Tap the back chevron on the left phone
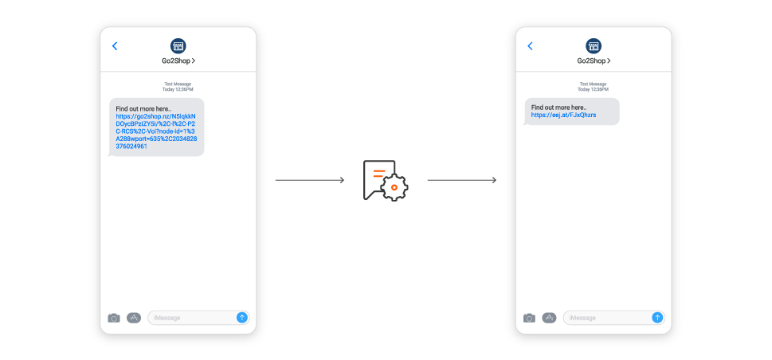pos(115,46)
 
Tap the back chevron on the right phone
pos(531,46)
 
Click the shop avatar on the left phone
pos(178,46)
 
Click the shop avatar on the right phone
pos(594,46)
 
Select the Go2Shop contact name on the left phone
pos(178,61)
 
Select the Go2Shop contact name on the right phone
pos(594,61)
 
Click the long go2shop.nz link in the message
pos(157,131)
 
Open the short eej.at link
pos(564,115)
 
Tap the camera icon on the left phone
pos(114,318)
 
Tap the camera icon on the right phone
pos(529,318)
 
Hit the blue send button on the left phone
pos(241,318)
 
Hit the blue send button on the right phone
pos(657,318)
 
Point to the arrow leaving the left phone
pos(310,180)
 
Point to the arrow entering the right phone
pos(462,180)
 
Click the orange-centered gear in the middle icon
pos(394,188)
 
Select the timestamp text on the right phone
pos(594,87)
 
